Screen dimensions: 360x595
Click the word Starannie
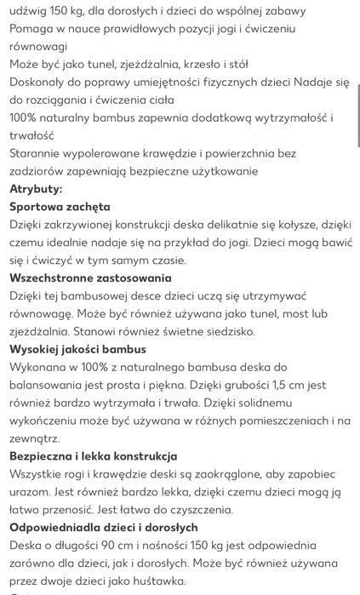tap(37, 153)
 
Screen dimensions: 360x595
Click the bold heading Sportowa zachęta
tap(60, 207)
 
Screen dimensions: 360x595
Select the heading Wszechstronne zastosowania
tap(90, 277)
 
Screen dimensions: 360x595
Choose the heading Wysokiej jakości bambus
tap(77, 349)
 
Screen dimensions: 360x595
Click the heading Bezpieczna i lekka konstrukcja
tap(94, 456)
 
